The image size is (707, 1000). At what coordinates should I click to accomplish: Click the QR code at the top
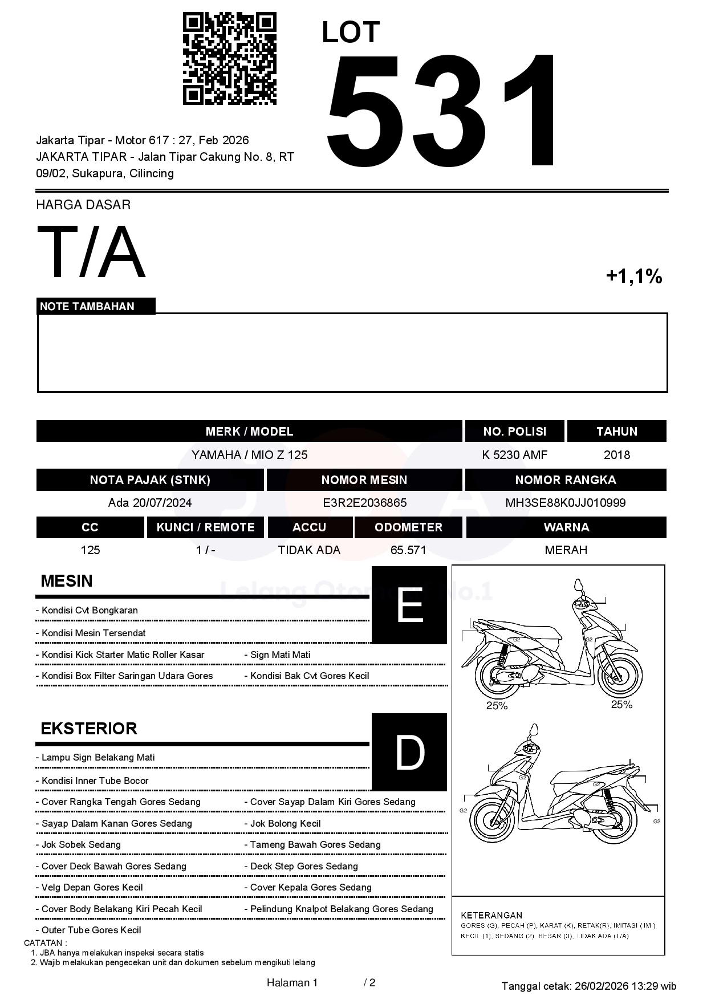[229, 59]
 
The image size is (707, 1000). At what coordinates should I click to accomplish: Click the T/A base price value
[91, 252]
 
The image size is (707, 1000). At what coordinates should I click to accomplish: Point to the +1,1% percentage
[633, 277]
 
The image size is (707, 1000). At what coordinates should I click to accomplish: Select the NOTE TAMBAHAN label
[87, 306]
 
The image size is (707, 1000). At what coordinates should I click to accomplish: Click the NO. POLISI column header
[514, 432]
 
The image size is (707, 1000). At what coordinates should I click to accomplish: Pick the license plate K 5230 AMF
[514, 455]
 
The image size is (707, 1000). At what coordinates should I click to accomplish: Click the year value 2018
[616, 455]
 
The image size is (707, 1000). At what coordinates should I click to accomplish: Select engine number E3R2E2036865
[364, 503]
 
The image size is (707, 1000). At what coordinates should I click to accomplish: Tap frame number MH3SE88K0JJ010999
[565, 503]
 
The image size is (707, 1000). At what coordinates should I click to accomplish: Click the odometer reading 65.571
[408, 550]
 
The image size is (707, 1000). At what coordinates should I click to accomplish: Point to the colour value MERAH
[566, 550]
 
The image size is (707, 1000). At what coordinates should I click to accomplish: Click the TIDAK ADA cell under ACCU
[309, 550]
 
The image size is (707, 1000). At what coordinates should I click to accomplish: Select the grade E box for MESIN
[409, 605]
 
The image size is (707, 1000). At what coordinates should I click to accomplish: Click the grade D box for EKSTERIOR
[409, 752]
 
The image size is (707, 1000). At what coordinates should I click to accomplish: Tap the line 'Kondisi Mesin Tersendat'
[94, 633]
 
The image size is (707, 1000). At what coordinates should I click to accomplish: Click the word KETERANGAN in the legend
[491, 915]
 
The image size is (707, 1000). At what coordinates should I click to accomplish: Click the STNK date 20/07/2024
[162, 503]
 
